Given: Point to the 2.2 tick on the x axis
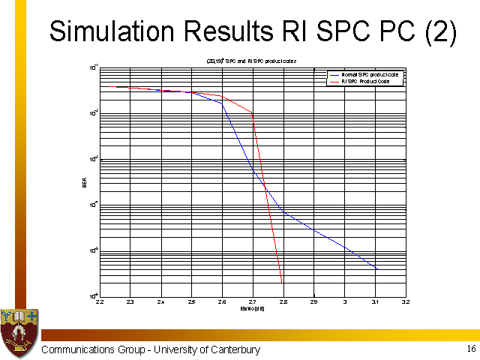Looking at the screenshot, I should click(x=100, y=302).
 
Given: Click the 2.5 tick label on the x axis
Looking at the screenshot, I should click(x=191, y=302).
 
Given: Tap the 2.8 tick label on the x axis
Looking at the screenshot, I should click(x=283, y=302).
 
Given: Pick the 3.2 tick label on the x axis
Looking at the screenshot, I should click(x=405, y=302).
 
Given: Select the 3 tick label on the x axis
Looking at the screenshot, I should click(x=344, y=302).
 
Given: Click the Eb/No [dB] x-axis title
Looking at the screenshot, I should click(x=251, y=308).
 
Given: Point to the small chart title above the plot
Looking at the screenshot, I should click(x=252, y=60).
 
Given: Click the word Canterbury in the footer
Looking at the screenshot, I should click(x=231, y=350).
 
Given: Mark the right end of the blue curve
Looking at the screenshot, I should click(x=377, y=268).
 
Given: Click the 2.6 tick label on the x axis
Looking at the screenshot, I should click(x=222, y=302).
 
